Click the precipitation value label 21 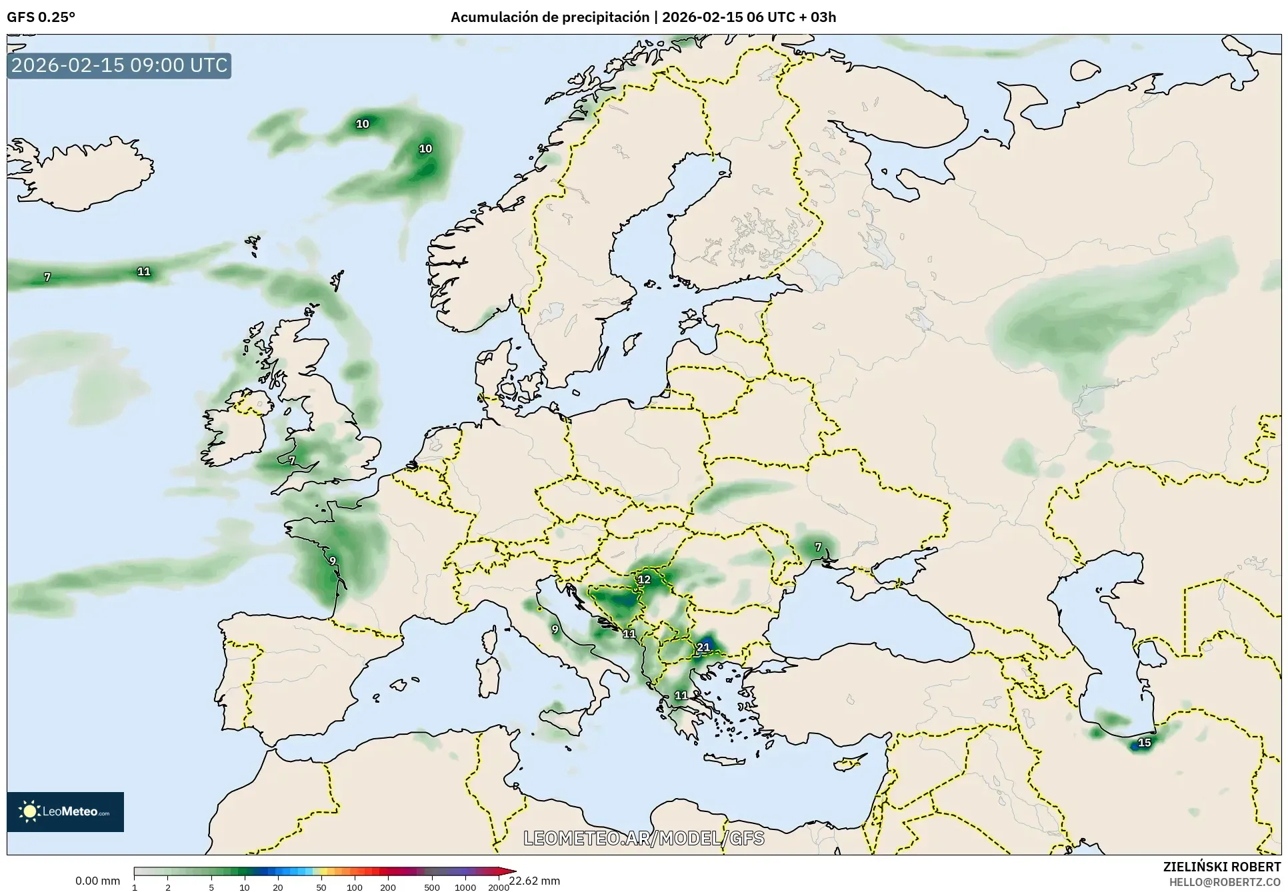[x=704, y=647]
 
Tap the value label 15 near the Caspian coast [x=1144, y=742]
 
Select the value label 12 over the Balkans [x=644, y=579]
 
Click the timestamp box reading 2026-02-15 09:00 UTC [x=119, y=65]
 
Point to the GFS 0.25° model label [x=41, y=17]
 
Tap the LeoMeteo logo [x=65, y=811]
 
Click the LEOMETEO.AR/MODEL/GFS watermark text [x=643, y=838]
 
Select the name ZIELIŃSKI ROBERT [x=1221, y=867]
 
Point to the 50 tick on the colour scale [x=321, y=887]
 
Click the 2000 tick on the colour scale [x=498, y=887]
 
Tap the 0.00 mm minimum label [x=97, y=881]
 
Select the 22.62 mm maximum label [x=534, y=881]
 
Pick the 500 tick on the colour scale [x=432, y=887]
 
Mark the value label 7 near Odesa [x=819, y=547]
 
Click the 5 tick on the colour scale [x=211, y=887]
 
